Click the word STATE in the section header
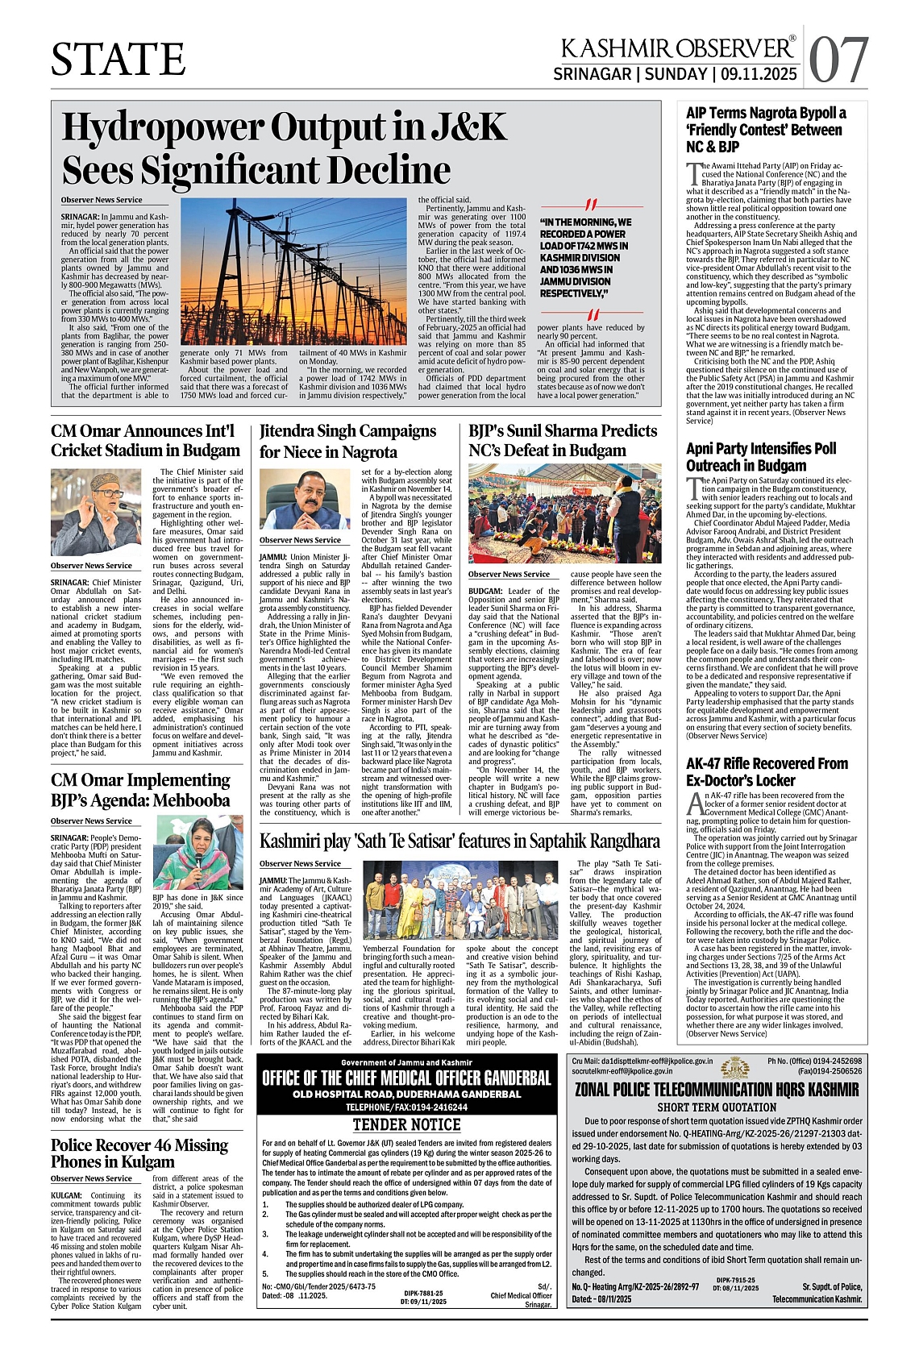click(119, 60)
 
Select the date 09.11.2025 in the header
click(759, 75)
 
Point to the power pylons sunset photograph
click(293, 272)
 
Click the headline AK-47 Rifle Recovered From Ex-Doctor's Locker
click(767, 771)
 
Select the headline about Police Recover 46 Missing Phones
click(139, 1153)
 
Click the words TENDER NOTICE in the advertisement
click(406, 1124)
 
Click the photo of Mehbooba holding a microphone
click(198, 852)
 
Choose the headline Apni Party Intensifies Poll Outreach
click(761, 457)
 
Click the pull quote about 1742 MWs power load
click(586, 258)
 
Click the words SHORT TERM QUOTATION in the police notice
click(717, 1107)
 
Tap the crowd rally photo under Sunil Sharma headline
click(564, 513)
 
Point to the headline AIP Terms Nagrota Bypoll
click(766, 130)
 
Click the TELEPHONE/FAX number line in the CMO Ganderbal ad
click(406, 1107)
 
